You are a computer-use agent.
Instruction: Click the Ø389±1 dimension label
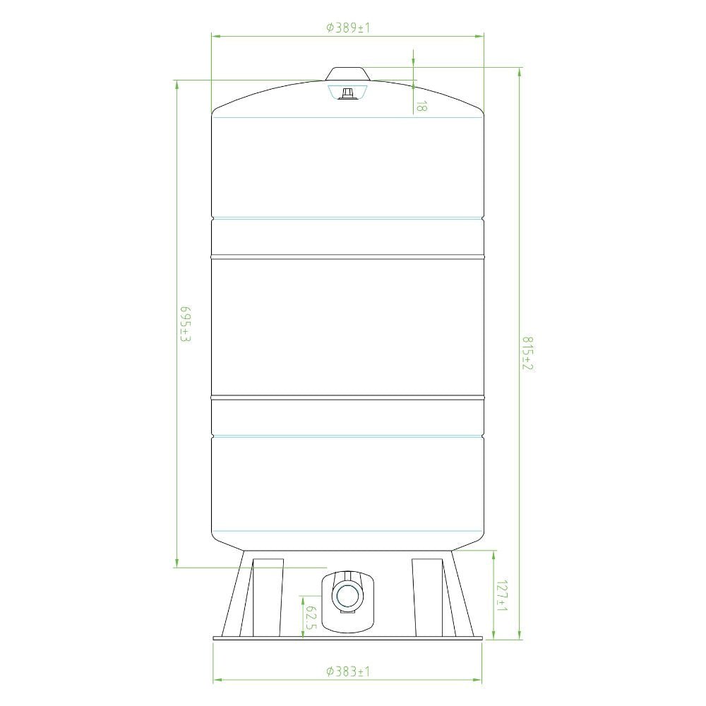point(348,28)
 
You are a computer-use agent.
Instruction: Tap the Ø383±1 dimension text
point(348,671)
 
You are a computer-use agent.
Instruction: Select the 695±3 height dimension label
point(186,324)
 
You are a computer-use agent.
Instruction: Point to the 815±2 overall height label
point(527,354)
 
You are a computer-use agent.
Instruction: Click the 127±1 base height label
point(501,595)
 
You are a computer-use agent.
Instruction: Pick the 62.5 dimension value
point(311,618)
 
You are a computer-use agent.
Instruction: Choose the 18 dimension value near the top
point(421,107)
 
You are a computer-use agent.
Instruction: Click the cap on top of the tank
point(347,74)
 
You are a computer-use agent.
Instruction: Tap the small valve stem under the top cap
point(347,94)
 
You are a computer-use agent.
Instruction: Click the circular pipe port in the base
point(347,597)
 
